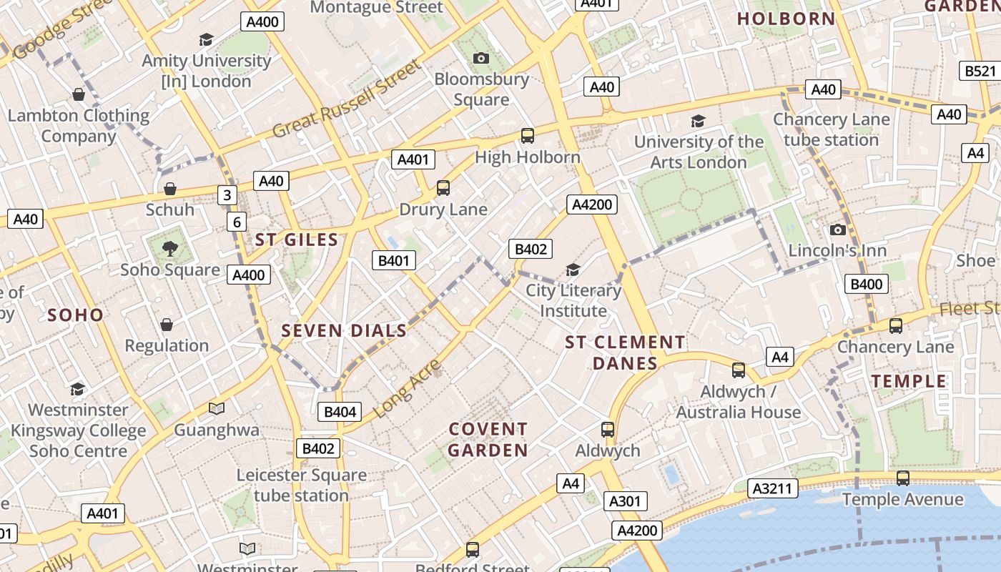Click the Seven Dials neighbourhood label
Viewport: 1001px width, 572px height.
click(x=344, y=330)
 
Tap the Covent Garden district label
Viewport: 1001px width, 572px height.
click(x=488, y=440)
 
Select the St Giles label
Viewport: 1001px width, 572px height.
click(x=296, y=240)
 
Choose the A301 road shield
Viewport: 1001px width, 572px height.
click(x=624, y=501)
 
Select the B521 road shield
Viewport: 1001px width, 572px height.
click(x=980, y=71)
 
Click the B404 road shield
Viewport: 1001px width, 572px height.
click(x=340, y=412)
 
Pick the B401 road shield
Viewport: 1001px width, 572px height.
click(x=394, y=260)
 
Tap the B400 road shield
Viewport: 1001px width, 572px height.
click(x=867, y=284)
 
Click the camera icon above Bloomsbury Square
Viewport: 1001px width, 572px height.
click(x=481, y=58)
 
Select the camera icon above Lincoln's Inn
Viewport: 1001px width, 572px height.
click(x=837, y=230)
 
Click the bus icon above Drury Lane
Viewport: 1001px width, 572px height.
click(x=443, y=188)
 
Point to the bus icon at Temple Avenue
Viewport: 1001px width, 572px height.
click(x=903, y=478)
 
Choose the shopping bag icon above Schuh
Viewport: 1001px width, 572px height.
click(x=170, y=189)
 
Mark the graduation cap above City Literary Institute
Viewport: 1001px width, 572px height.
click(x=573, y=270)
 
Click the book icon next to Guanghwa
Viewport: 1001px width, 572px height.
click(x=217, y=408)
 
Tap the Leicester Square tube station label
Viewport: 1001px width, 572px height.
click(x=301, y=485)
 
